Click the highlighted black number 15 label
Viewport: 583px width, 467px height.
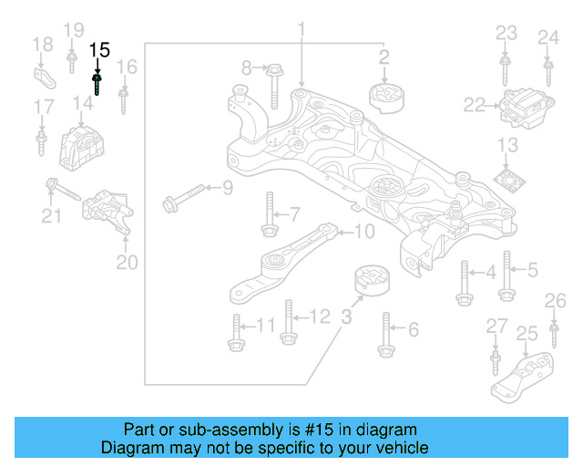(x=99, y=51)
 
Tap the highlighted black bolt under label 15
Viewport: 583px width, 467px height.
(x=97, y=84)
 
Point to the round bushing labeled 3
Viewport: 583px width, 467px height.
(x=371, y=282)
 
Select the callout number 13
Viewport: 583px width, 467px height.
(x=506, y=145)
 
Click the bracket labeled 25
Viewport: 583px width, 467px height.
(x=523, y=375)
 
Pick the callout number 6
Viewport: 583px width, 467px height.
(x=413, y=328)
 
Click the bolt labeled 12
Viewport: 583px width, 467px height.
(x=288, y=323)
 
